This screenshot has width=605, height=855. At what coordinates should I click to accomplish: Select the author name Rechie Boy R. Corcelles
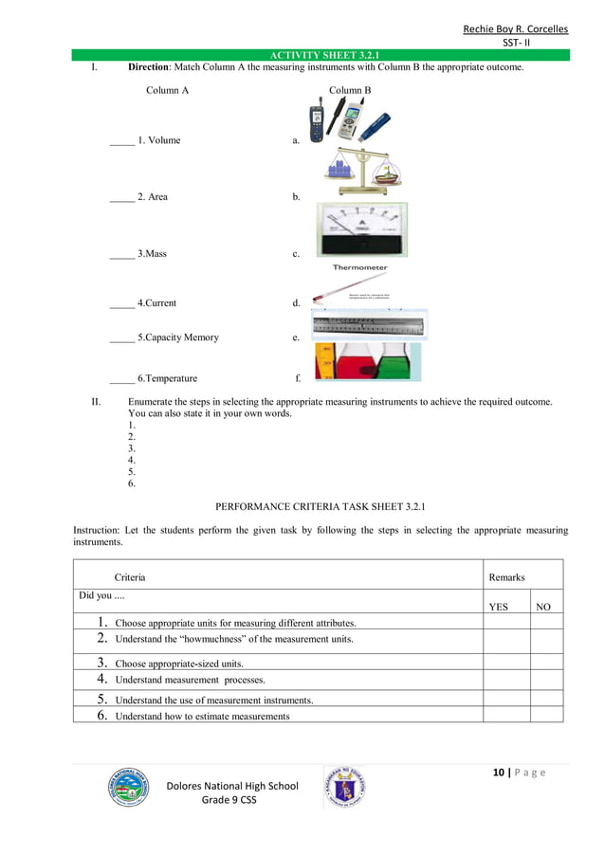(515, 28)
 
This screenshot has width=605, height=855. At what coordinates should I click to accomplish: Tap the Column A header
(167, 90)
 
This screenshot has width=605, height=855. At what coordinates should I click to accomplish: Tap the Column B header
(350, 90)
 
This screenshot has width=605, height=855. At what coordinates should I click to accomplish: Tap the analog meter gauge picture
(360, 229)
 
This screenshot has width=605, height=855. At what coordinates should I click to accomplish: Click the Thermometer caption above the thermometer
(359, 268)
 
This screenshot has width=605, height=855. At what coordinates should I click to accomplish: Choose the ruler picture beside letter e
(370, 325)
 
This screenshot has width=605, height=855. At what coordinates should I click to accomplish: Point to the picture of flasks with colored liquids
(367, 362)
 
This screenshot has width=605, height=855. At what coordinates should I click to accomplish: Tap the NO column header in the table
(543, 607)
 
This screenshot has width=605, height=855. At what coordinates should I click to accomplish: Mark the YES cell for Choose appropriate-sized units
(505, 663)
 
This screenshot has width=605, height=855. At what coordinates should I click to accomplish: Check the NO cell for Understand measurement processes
(546, 679)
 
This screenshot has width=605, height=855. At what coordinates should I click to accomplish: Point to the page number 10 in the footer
(498, 773)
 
